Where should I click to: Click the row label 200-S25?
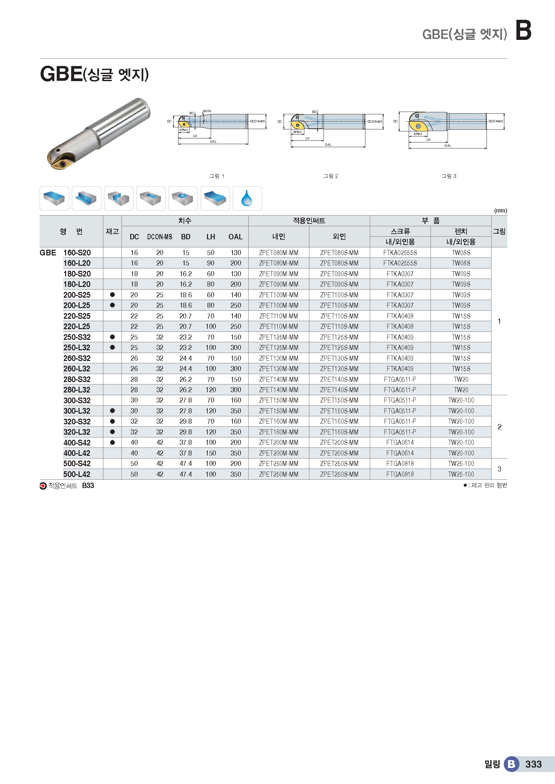[x=77, y=295]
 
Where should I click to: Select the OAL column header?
[x=236, y=237]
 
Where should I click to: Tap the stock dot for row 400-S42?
[x=112, y=442]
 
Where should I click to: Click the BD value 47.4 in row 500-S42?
[x=186, y=464]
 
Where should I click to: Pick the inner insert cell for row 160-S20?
[x=279, y=253]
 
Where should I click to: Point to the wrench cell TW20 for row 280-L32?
[x=461, y=389]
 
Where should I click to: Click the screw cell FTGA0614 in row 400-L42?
[x=400, y=453]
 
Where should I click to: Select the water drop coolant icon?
[x=247, y=198]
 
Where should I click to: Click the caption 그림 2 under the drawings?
[x=331, y=176]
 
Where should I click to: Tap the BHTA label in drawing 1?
[x=207, y=111]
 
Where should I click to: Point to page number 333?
[x=533, y=764]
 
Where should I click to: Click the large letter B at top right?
[x=523, y=31]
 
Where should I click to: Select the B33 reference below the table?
[x=88, y=486]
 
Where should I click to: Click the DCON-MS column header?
[x=160, y=237]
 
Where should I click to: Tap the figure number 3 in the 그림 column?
[x=499, y=469]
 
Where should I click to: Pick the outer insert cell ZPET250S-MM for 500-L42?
[x=339, y=474]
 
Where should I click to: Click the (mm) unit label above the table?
[x=500, y=210]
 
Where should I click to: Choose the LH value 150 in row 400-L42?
[x=210, y=453]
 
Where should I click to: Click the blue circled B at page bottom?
[x=511, y=764]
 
